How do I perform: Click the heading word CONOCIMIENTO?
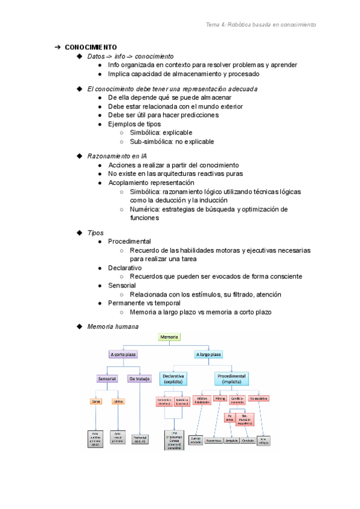pyautogui.click(x=91, y=47)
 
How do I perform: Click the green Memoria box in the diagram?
pyautogui.click(x=169, y=337)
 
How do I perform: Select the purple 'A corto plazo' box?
pyautogui.click(x=122, y=355)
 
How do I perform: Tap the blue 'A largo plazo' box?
pyautogui.click(x=208, y=355)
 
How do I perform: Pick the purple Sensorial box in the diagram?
pyautogui.click(x=107, y=379)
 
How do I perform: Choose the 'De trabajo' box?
pyautogui.click(x=139, y=379)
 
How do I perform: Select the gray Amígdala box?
pyautogui.click(x=232, y=440)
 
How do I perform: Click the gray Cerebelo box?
pyautogui.click(x=248, y=440)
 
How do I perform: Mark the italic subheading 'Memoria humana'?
pyautogui.click(x=113, y=327)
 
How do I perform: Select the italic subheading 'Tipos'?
pyautogui.click(x=95, y=233)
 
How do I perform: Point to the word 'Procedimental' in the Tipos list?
pyautogui.click(x=129, y=241)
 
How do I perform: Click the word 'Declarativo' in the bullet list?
pyautogui.click(x=125, y=268)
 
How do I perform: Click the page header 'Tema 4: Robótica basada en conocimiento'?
pyautogui.click(x=260, y=25)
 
